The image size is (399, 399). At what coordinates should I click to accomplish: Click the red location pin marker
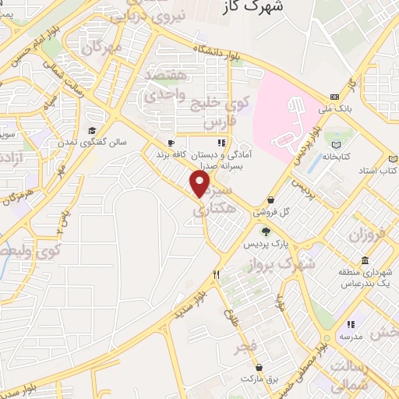click(x=200, y=183)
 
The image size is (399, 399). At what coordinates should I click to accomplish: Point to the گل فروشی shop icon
click(x=270, y=199)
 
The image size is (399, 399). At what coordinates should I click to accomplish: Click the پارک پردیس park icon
click(x=267, y=231)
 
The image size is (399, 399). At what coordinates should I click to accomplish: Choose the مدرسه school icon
click(x=351, y=324)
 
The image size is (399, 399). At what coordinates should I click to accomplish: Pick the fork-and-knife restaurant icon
click(x=217, y=274)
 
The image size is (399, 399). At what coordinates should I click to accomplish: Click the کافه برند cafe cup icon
click(x=172, y=143)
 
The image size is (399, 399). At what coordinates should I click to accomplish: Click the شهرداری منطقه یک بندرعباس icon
click(x=365, y=260)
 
